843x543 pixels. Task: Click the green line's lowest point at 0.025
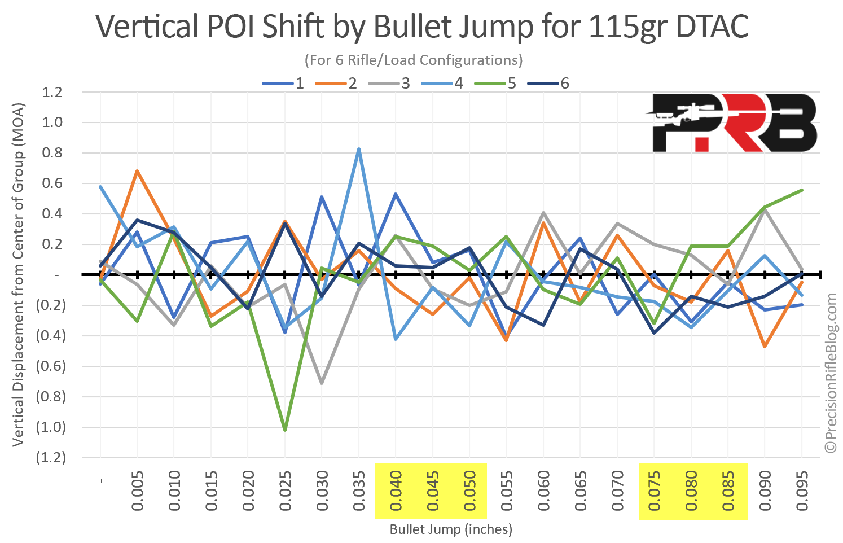pyautogui.click(x=285, y=430)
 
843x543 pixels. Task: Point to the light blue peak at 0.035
pyautogui.click(x=359, y=149)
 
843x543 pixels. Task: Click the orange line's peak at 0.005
pyautogui.click(x=137, y=170)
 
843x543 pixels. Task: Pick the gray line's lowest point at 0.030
pyautogui.click(x=322, y=383)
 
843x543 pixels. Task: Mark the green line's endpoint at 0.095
pyautogui.click(x=801, y=190)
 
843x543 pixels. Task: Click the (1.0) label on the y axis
pyautogui.click(x=51, y=427)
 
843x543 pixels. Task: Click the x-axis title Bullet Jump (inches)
pyautogui.click(x=451, y=529)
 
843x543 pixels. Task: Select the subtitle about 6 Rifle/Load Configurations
pyautogui.click(x=413, y=60)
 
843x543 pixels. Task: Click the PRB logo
pyautogui.click(x=732, y=122)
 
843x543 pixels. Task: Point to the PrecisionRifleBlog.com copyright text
pyautogui.click(x=831, y=373)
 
